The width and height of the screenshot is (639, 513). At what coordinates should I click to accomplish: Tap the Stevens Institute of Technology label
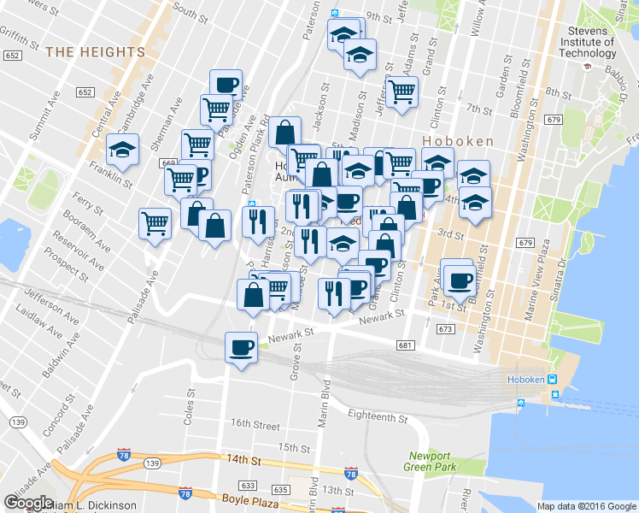[587, 42]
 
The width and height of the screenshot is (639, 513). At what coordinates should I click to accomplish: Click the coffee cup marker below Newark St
[241, 347]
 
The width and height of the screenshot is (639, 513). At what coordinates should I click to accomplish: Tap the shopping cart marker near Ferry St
[155, 223]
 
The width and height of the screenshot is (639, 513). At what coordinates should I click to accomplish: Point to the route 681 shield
[405, 345]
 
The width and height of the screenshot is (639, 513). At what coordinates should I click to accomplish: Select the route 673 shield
[444, 328]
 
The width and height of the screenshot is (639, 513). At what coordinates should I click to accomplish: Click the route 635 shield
[280, 491]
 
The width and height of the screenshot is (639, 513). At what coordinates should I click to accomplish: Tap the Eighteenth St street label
[378, 416]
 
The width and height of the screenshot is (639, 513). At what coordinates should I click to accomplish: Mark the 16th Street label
[255, 424]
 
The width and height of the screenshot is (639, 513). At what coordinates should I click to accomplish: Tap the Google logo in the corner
[28, 503]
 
